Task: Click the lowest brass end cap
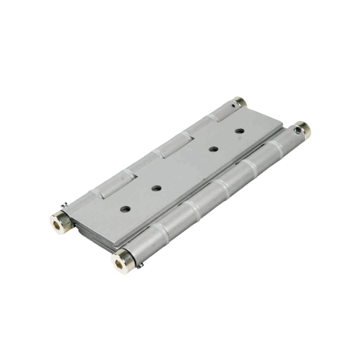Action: coord(123,257)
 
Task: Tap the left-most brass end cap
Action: coord(59,220)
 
